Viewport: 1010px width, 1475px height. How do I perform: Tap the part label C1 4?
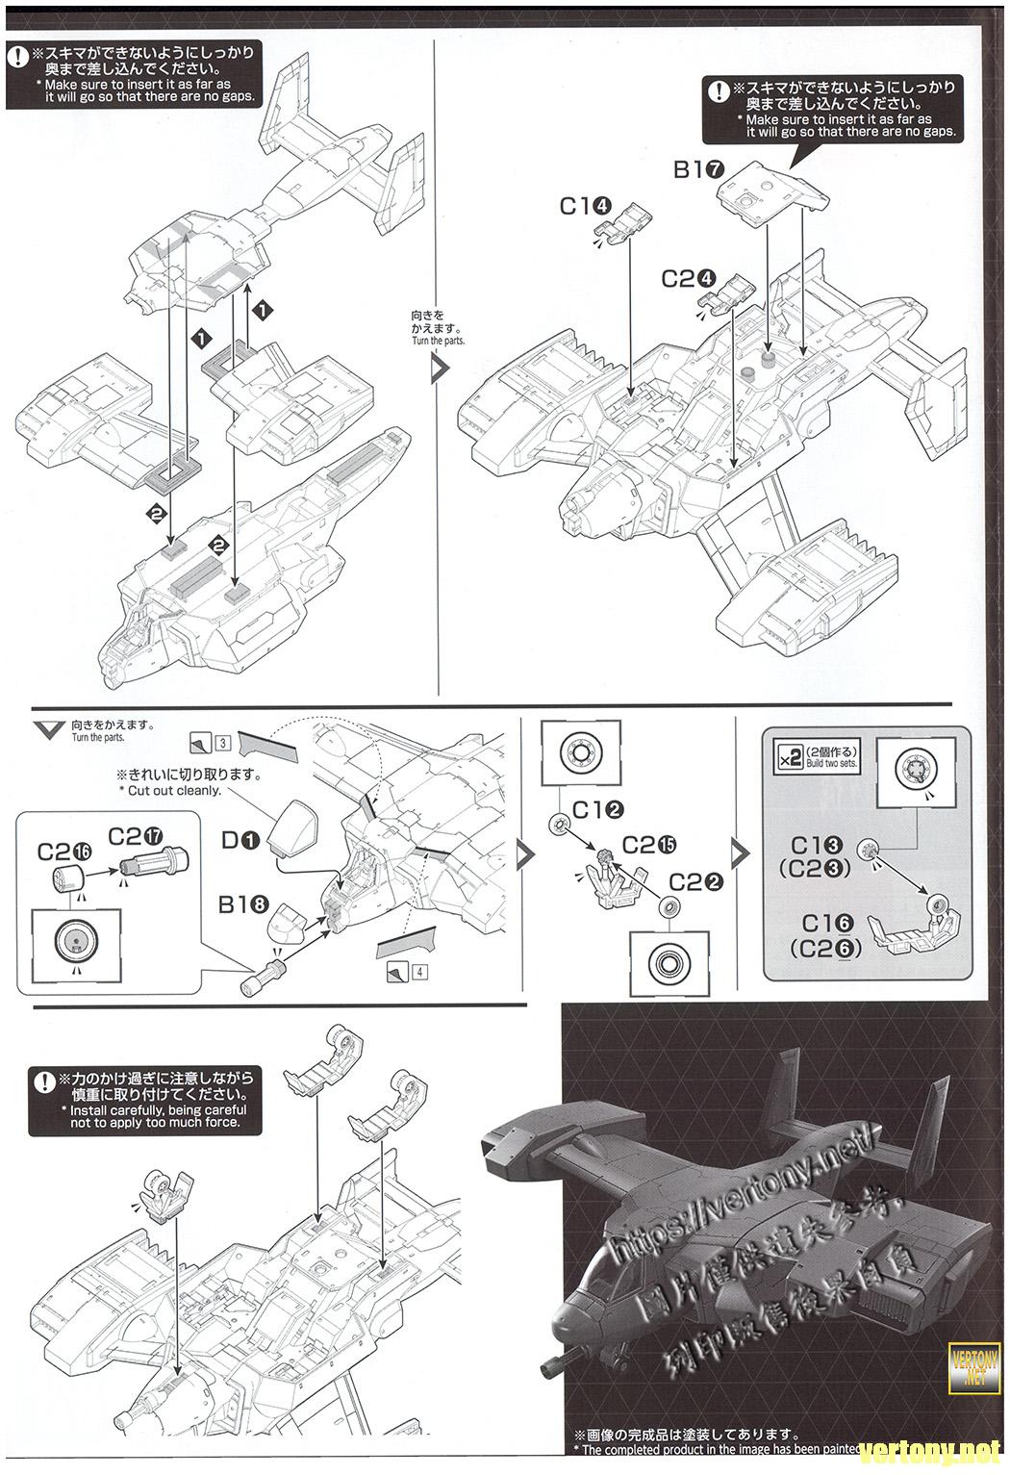point(585,206)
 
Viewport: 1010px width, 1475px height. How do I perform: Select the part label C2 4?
point(688,278)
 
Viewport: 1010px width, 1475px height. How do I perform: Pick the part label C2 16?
point(63,851)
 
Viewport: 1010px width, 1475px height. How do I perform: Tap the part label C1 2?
point(598,810)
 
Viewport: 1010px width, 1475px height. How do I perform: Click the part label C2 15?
point(648,845)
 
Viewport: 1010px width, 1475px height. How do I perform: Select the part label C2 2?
point(695,880)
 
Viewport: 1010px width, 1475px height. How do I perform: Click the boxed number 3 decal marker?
point(222,742)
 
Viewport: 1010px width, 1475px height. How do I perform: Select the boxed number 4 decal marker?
point(421,971)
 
